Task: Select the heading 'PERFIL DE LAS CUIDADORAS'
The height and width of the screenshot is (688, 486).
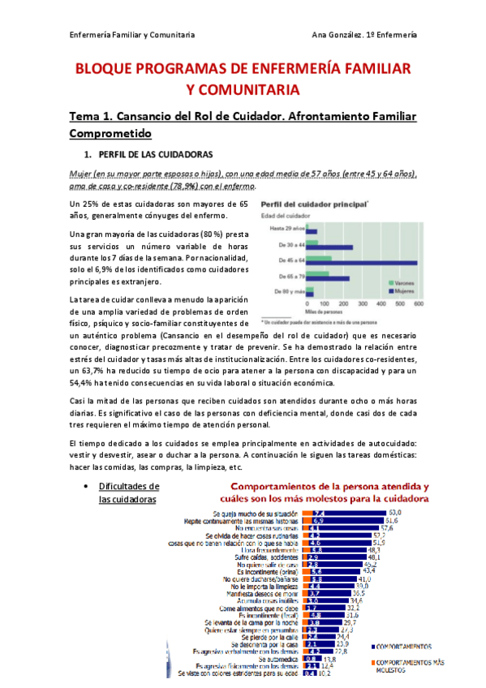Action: [154, 154]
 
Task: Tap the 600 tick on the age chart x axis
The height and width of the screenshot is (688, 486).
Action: [419, 304]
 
